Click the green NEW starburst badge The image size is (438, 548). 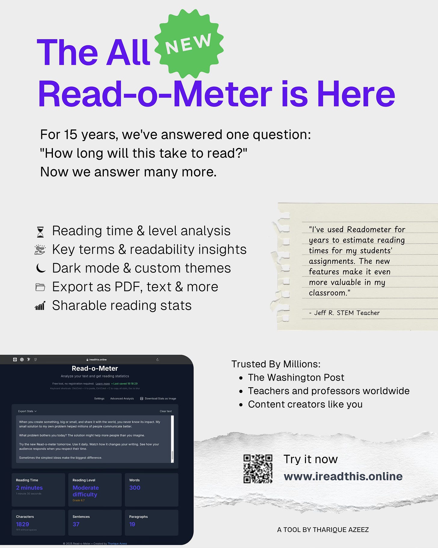pyautogui.click(x=189, y=44)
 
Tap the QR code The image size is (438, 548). pyautogui.click(x=258, y=469)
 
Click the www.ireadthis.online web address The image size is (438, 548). pyautogui.click(x=343, y=476)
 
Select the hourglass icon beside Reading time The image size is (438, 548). pyautogui.click(x=40, y=232)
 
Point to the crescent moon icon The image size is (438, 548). pyautogui.click(x=41, y=268)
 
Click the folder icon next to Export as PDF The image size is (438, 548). pyautogui.click(x=40, y=287)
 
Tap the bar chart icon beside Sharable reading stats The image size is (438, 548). pyautogui.click(x=40, y=306)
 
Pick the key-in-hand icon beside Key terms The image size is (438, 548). pyautogui.click(x=40, y=250)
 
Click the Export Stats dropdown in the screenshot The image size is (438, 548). pyautogui.click(x=27, y=411)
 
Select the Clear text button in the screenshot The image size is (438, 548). pyautogui.click(x=165, y=411)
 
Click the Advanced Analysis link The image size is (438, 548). pyautogui.click(x=122, y=399)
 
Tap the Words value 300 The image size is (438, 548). pyautogui.click(x=135, y=488)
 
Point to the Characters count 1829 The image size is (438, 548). pyautogui.click(x=23, y=524)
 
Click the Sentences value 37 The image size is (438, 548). pyautogui.click(x=76, y=524)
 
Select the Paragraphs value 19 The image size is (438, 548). pyautogui.click(x=132, y=524)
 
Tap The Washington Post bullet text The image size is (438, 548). pyautogui.click(x=296, y=377)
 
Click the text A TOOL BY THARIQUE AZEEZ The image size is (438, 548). pyautogui.click(x=323, y=530)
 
